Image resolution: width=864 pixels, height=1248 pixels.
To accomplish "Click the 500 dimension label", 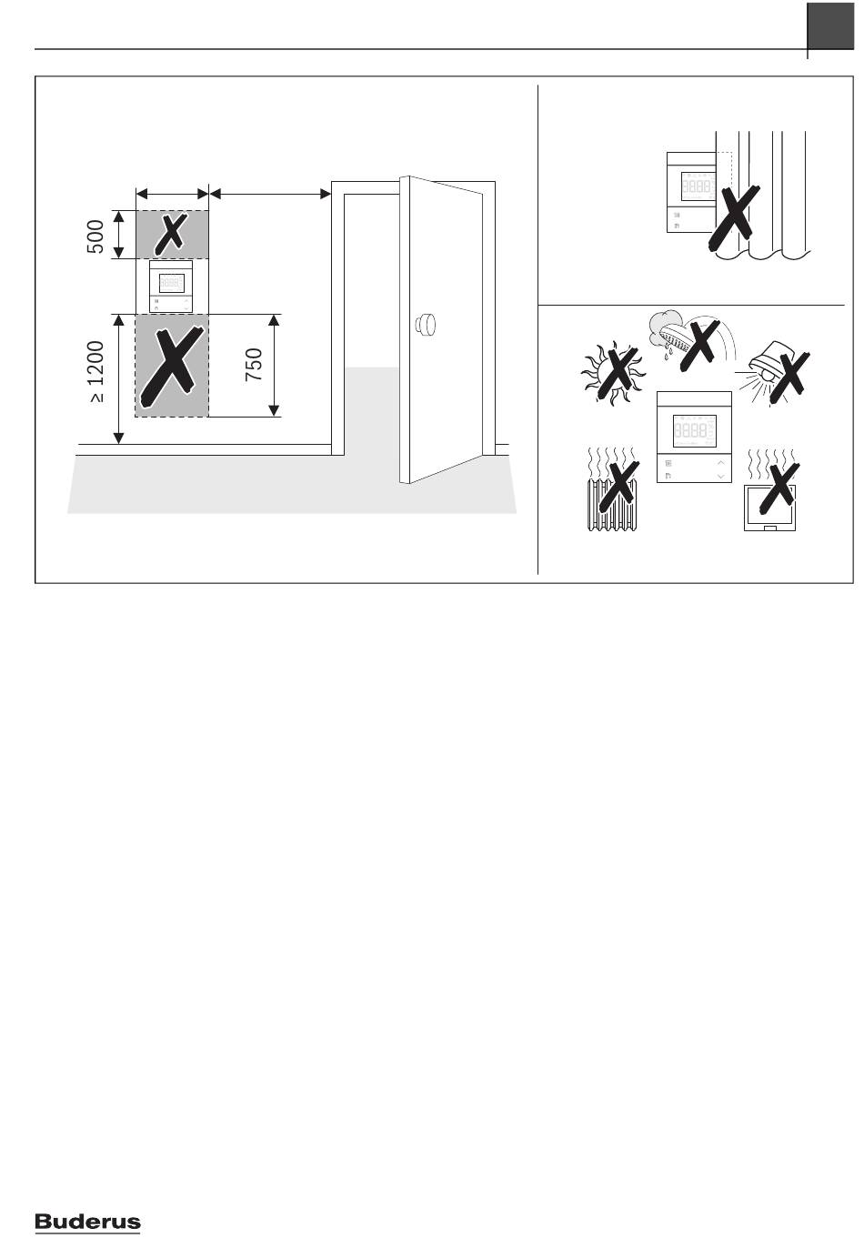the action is [x=95, y=237].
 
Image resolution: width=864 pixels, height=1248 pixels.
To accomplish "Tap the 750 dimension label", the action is [x=254, y=365].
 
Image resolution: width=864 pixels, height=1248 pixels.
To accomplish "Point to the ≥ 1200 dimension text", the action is [x=95, y=372].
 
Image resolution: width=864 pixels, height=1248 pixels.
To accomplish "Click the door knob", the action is [x=425, y=324].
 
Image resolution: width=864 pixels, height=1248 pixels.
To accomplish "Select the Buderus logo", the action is [x=87, y=1223].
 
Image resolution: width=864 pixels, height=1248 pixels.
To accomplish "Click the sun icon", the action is [x=612, y=372].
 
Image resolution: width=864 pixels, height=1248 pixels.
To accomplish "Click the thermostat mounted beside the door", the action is [x=171, y=287].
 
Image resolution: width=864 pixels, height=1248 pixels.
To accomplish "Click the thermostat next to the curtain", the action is [x=691, y=192].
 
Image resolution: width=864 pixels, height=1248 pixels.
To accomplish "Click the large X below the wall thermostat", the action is [x=171, y=367].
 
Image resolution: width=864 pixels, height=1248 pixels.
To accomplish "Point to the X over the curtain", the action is [x=733, y=217].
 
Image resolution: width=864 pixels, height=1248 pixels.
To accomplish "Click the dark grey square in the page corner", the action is [x=830, y=25].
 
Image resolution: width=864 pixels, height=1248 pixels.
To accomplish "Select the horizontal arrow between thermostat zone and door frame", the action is [x=270, y=194].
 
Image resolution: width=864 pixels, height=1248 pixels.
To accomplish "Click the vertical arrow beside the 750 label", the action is [x=274, y=366].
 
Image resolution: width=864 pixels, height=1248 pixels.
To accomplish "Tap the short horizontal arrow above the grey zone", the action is [x=172, y=194].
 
